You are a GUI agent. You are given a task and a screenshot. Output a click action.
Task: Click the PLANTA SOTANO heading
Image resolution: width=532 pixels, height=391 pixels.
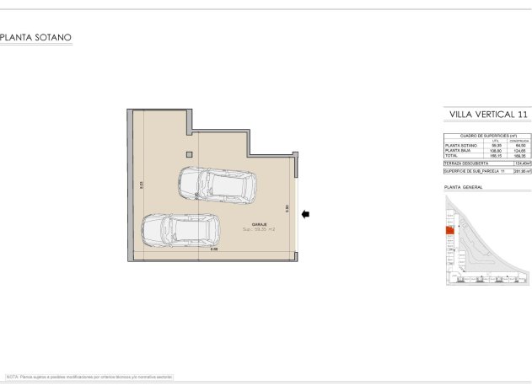tap(36, 37)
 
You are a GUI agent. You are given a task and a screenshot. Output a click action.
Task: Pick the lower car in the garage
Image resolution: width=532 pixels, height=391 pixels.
tap(179, 228)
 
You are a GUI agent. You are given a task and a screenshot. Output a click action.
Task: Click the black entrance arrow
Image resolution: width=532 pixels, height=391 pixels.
tap(305, 214)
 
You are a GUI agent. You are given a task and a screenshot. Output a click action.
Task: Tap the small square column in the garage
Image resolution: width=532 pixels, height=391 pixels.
tap(190, 153)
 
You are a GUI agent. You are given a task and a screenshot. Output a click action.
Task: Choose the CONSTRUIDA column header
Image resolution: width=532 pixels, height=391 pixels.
tap(519, 141)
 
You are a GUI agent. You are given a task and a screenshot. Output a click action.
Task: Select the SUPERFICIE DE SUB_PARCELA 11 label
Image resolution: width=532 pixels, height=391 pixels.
tap(474, 171)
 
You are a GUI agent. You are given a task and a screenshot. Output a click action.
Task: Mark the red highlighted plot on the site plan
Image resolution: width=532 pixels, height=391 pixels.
tap(449, 230)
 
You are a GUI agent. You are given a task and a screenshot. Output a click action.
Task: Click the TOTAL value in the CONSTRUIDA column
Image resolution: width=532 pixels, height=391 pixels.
tap(519, 155)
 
